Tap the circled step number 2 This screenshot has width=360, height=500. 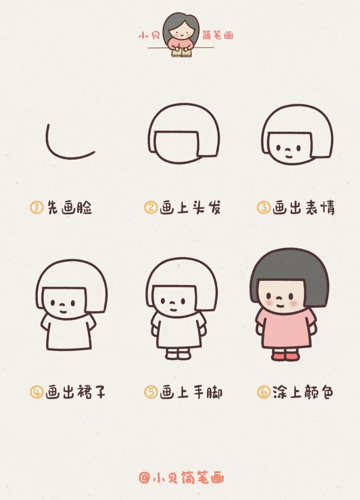[150, 208]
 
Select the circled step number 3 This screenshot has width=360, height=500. [263, 208]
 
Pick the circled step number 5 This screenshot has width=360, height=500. [150, 392]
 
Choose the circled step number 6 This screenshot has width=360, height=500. [263, 392]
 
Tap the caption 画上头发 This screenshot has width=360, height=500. [190, 208]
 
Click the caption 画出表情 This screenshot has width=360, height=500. [303, 208]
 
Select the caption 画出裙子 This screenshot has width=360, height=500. [76, 392]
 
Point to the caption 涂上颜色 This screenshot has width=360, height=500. [303, 392]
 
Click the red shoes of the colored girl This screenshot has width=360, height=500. [286, 356]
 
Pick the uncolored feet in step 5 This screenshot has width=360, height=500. [178, 355]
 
